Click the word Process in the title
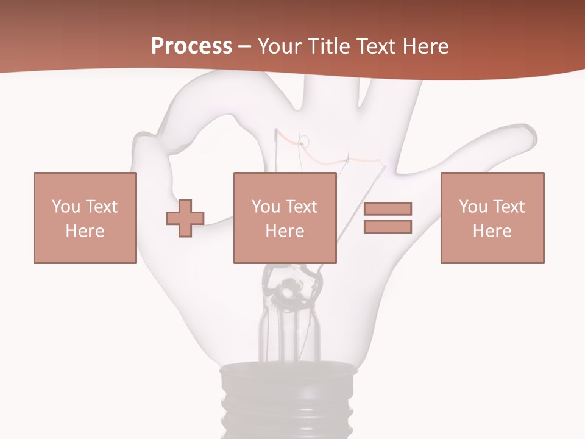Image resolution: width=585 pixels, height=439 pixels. pyautogui.click(x=191, y=46)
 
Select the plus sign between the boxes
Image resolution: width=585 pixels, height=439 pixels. pyautogui.click(x=185, y=218)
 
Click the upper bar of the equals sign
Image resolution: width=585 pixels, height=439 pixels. pyautogui.click(x=388, y=209)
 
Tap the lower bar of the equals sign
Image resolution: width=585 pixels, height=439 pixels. pyautogui.click(x=388, y=227)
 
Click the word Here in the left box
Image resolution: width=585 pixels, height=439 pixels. pyautogui.click(x=85, y=231)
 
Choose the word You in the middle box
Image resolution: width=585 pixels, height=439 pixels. pyautogui.click(x=266, y=207)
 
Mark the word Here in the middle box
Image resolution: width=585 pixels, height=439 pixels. pyautogui.click(x=285, y=231)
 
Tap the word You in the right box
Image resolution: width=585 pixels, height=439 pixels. pyautogui.click(x=473, y=207)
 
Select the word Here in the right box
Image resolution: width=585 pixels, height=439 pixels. pyautogui.click(x=492, y=231)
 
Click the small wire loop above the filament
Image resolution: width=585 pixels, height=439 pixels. pyautogui.click(x=305, y=142)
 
